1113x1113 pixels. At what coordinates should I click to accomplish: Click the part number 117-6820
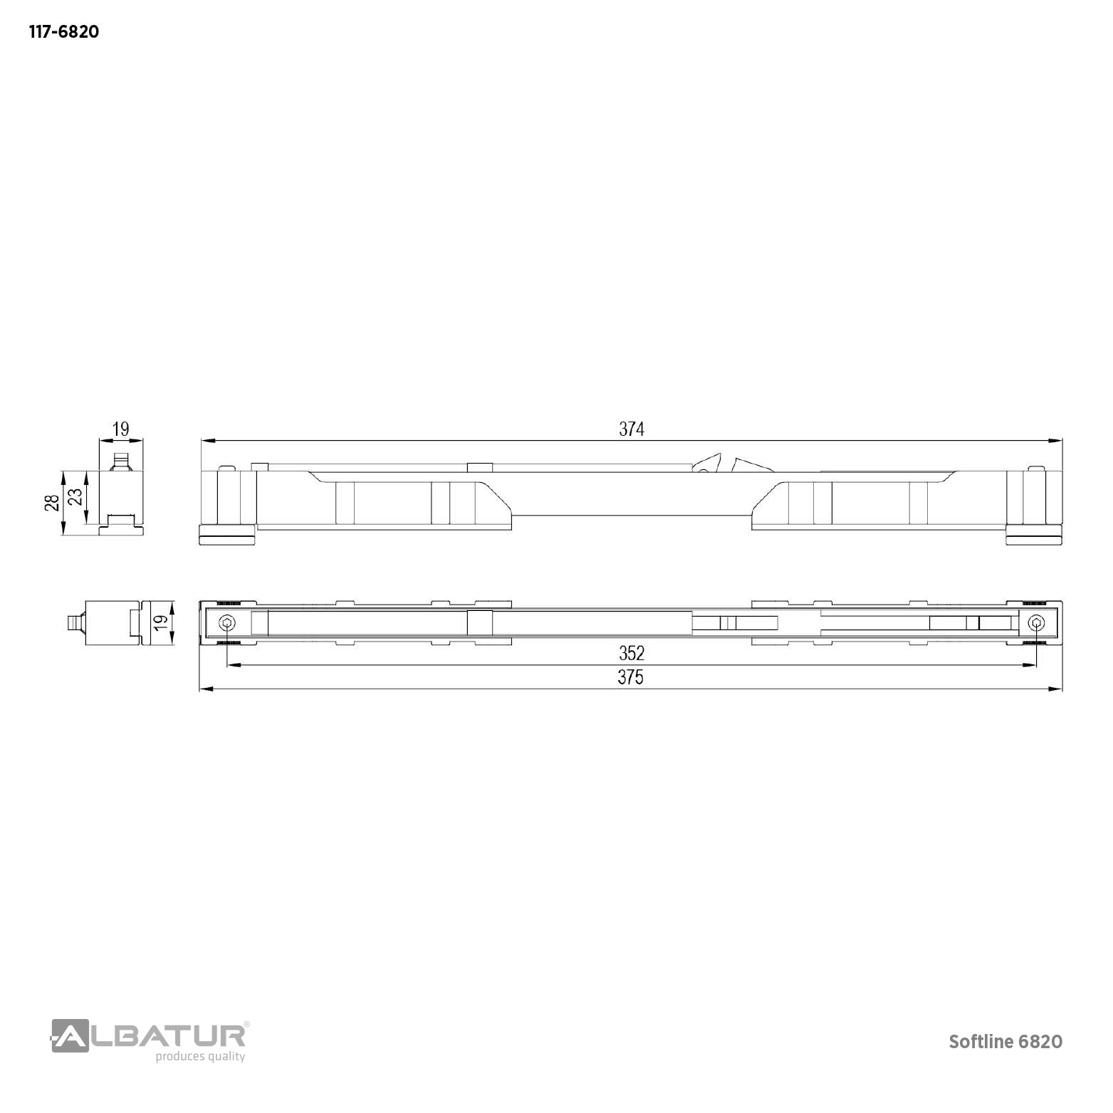click(63, 32)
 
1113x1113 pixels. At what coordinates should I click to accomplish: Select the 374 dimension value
click(631, 429)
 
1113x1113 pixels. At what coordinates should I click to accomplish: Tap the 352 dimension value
click(631, 653)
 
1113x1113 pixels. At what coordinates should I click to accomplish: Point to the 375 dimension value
click(631, 677)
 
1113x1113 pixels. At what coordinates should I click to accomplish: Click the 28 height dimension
click(52, 503)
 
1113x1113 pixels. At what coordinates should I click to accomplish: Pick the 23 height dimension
click(74, 496)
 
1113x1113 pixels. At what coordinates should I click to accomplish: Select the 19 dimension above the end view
click(121, 429)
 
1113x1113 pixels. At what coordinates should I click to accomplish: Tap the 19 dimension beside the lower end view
click(161, 621)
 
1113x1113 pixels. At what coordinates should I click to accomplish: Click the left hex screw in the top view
click(227, 624)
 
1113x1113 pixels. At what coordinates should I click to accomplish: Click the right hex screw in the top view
click(1035, 624)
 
